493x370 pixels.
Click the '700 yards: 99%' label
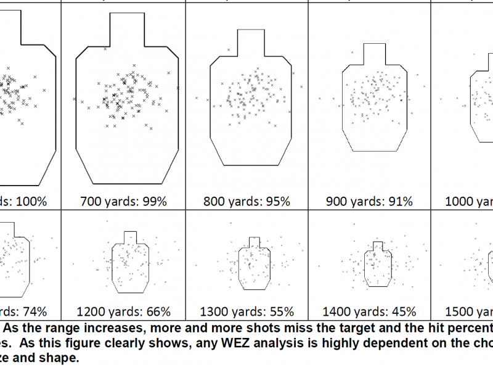[123, 201]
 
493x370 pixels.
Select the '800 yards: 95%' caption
[246, 201]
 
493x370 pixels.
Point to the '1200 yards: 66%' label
[123, 311]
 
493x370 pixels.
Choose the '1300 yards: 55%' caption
[246, 311]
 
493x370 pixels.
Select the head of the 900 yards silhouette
[373, 54]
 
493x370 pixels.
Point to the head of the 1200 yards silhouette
[130, 238]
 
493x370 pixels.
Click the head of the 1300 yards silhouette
[253, 242]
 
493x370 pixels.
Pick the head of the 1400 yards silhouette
[377, 245]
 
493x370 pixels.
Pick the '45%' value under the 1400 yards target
[402, 311]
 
